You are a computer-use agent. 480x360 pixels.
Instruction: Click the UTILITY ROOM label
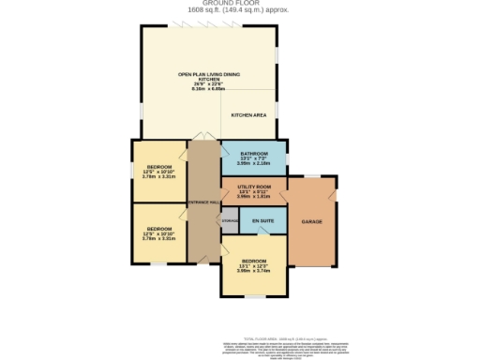[254, 187]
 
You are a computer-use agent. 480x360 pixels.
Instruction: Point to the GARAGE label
[311, 222]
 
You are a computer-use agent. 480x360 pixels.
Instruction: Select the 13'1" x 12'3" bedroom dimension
[254, 265]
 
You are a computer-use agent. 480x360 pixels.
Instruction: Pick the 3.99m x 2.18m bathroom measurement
[254, 164]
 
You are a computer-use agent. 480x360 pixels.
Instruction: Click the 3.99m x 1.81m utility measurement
[254, 197]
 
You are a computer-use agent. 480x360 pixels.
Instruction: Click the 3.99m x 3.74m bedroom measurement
[254, 271]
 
